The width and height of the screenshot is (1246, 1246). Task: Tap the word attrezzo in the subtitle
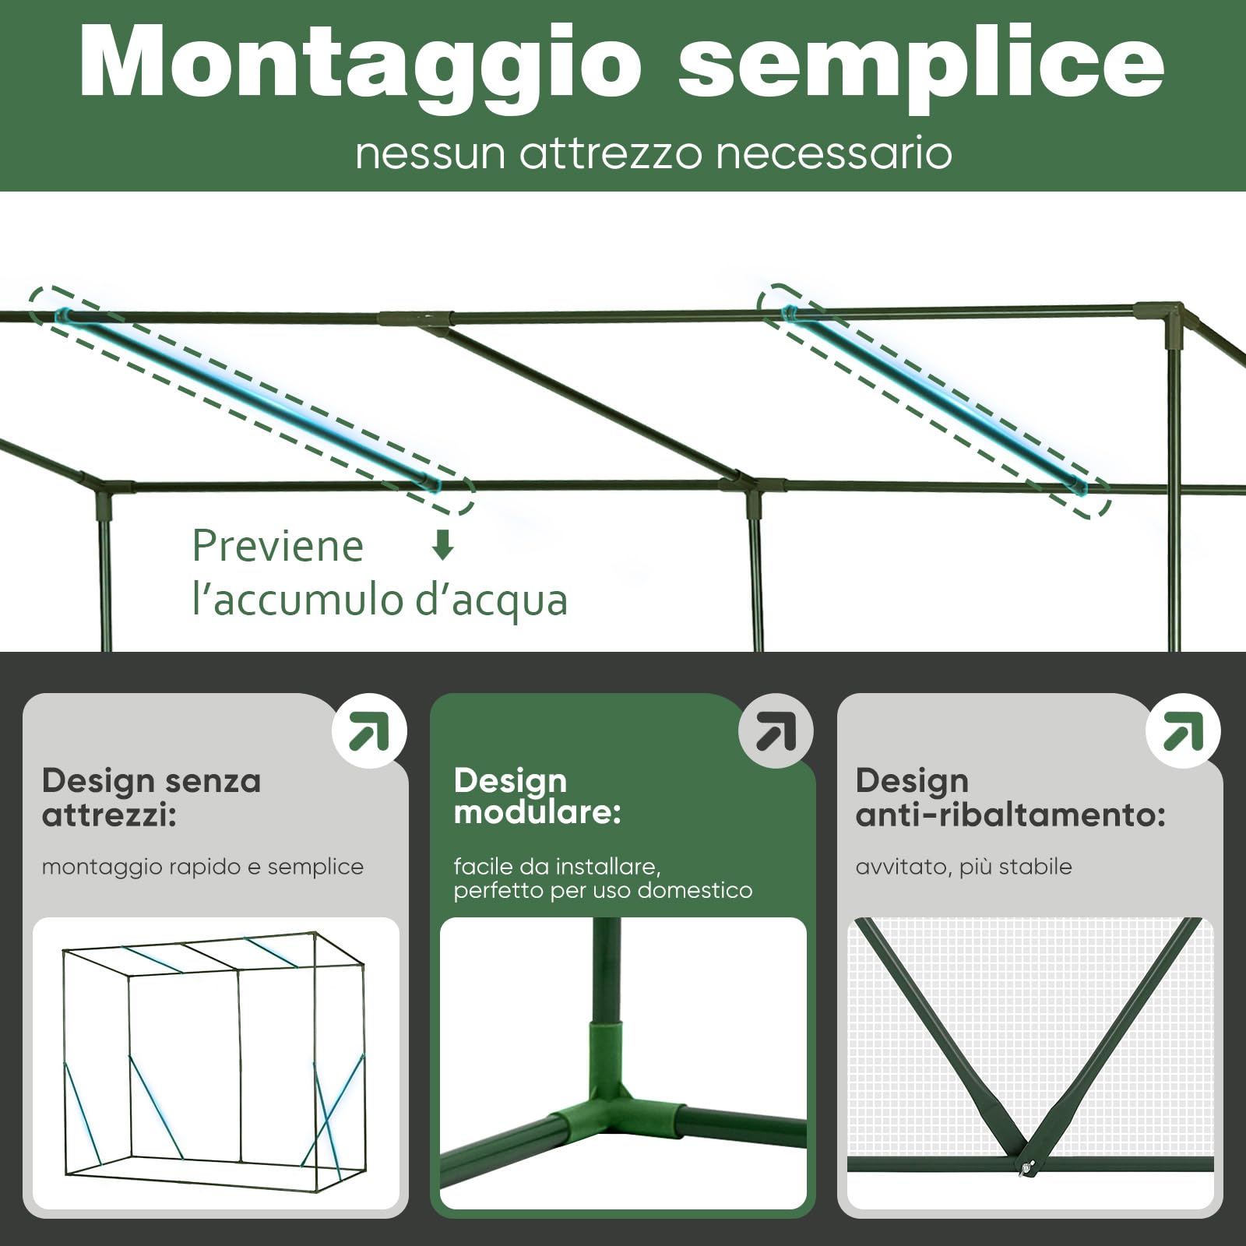(611, 152)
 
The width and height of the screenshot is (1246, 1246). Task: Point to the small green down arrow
(442, 545)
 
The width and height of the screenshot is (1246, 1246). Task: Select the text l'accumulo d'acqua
(380, 600)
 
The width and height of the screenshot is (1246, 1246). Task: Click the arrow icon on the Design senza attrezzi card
(369, 730)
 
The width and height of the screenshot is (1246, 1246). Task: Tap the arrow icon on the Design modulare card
(776, 730)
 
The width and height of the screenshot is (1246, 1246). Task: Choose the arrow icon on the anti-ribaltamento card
(1183, 730)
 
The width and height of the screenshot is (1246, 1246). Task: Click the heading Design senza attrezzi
(151, 797)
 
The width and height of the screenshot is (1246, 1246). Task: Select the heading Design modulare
(537, 796)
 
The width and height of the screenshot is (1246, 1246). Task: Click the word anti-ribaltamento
(1010, 815)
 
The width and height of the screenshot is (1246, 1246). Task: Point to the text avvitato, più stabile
(963, 867)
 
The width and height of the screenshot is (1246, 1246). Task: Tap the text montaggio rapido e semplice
(202, 867)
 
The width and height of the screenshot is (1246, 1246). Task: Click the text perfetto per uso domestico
(603, 890)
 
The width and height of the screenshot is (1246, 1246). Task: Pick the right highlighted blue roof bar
(935, 399)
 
